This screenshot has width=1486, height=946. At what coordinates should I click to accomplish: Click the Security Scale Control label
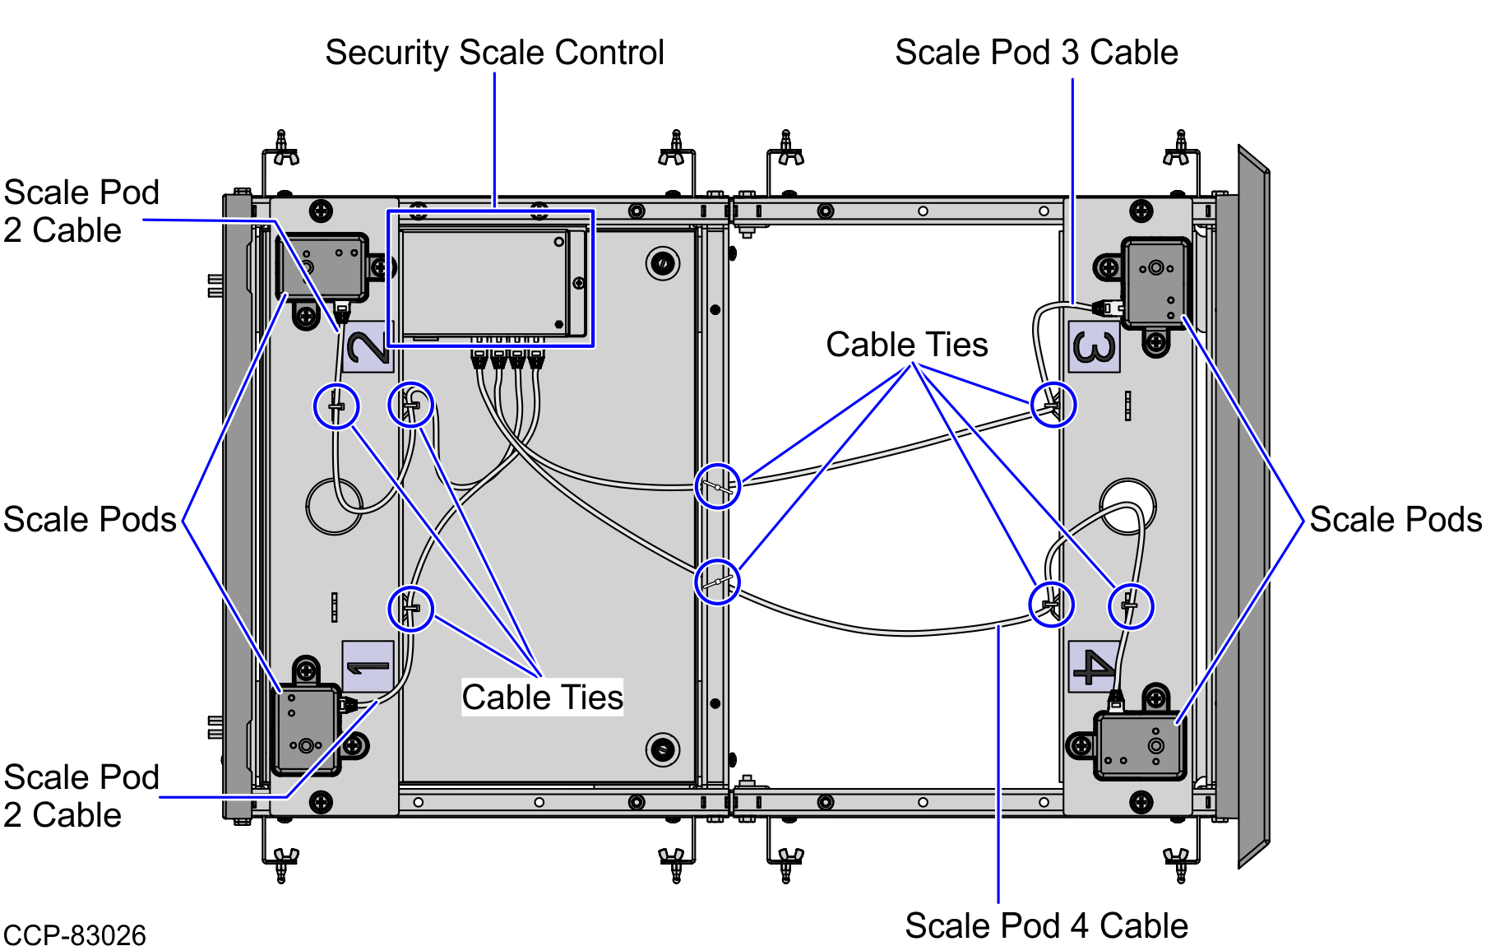pyautogui.click(x=494, y=53)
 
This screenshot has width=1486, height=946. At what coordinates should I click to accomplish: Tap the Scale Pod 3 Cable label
pyautogui.click(x=1036, y=53)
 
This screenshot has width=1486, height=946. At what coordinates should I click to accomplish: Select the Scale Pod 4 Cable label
pyautogui.click(x=1046, y=926)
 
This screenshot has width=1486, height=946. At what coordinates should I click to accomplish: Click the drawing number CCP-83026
pyautogui.click(x=75, y=935)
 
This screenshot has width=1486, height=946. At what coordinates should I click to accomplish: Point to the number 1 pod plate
pyautogui.click(x=368, y=666)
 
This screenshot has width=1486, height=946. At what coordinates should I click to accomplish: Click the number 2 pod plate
pyautogui.click(x=368, y=346)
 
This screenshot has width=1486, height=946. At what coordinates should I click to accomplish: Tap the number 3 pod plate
pyautogui.click(x=1094, y=346)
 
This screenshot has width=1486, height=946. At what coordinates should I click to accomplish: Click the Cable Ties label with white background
pyautogui.click(x=542, y=698)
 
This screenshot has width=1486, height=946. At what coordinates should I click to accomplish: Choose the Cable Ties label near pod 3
pyautogui.click(x=906, y=345)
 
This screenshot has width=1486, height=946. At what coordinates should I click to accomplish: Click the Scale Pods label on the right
pyautogui.click(x=1396, y=520)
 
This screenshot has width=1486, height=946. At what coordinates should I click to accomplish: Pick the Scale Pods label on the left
pyautogui.click(x=90, y=520)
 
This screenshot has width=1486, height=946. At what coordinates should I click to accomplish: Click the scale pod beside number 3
pyautogui.click(x=1156, y=282)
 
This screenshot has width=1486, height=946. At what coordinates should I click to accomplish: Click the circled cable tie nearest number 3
pyautogui.click(x=1053, y=405)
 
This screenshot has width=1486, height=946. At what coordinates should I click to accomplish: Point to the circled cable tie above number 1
pyautogui.click(x=410, y=609)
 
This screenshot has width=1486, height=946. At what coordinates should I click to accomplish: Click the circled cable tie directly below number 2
pyautogui.click(x=336, y=406)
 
